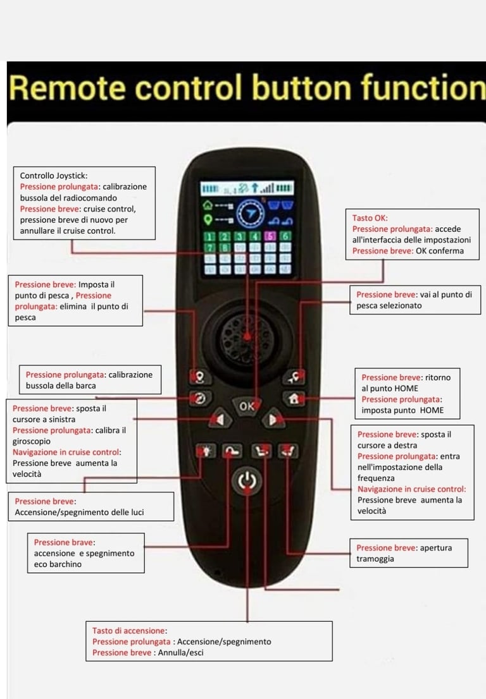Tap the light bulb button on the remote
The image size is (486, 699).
tap(206, 451)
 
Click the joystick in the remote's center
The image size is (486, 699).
tap(247, 334)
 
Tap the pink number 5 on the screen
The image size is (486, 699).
tap(270, 236)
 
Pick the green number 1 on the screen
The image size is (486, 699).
tap(209, 236)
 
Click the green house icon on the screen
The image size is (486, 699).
tap(208, 205)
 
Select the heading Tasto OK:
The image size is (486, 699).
tap(370, 218)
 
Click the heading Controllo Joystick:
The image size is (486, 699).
tap(54, 176)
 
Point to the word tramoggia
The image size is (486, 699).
tap(375, 559)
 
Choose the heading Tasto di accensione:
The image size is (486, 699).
tap(129, 631)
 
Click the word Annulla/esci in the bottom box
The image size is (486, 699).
tap(179, 653)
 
